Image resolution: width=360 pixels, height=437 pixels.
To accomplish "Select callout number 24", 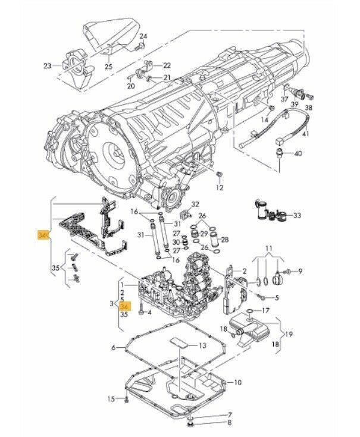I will (142, 37).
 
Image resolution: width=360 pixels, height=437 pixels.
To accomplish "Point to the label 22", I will (167, 65).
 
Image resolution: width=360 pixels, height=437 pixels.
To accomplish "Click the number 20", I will (131, 87).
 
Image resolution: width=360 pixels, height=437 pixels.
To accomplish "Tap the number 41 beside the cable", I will (306, 135).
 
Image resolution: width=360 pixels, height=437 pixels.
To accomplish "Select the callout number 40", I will (298, 154).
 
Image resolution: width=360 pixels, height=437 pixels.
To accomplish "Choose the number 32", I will (195, 204).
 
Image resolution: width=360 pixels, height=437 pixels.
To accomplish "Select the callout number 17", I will (265, 310).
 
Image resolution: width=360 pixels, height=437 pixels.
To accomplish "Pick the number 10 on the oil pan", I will (237, 382).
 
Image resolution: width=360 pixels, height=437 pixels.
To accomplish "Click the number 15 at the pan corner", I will (110, 398).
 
